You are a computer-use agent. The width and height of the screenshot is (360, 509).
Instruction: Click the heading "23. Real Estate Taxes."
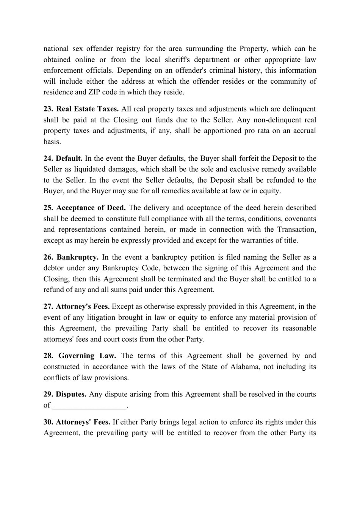[81, 109]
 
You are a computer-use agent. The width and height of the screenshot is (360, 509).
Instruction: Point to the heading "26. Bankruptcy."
[71, 257]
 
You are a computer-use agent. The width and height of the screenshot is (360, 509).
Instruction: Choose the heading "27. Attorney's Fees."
[77, 307]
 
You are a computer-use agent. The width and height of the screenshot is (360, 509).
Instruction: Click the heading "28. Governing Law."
[80, 356]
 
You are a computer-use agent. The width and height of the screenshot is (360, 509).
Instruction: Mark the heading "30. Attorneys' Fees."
[77, 422]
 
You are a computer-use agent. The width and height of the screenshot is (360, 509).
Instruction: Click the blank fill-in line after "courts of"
[89, 406]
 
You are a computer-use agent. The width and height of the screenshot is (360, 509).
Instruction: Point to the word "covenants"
[301, 219]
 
